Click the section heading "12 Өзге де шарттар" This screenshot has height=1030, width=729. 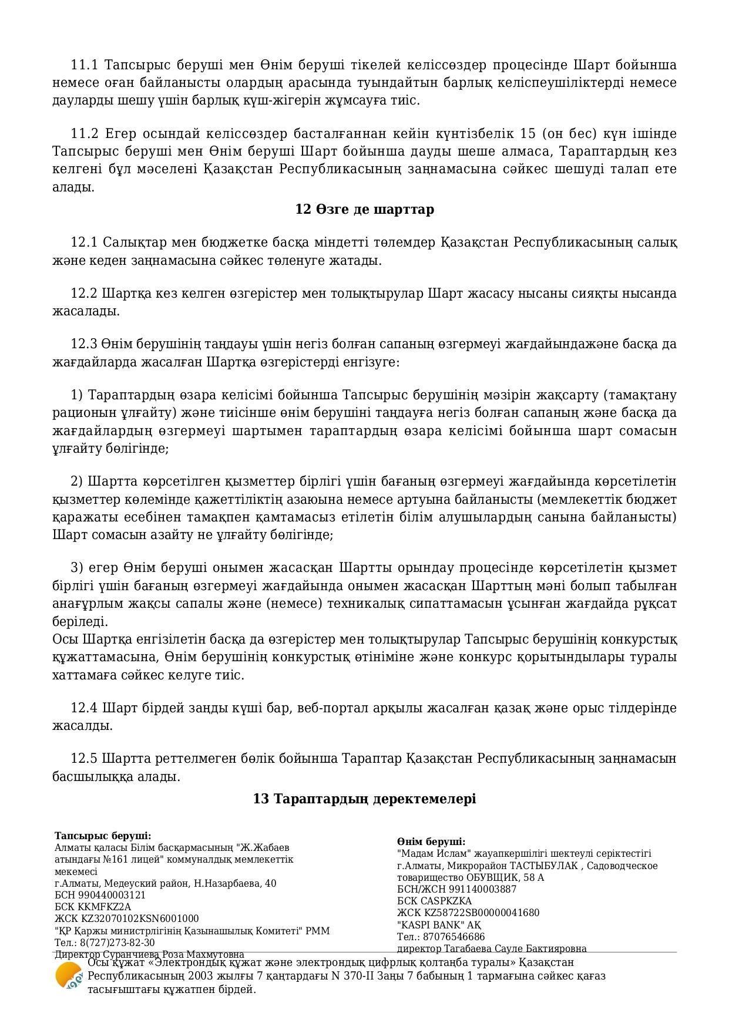pos(364,210)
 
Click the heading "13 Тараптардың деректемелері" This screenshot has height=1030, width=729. pos(364,799)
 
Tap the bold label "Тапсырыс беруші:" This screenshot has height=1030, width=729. pos(103,836)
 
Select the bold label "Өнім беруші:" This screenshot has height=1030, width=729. pos(431,841)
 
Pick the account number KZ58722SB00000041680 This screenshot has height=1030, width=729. pos(481,913)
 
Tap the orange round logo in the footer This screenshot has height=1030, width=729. pos(69,976)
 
